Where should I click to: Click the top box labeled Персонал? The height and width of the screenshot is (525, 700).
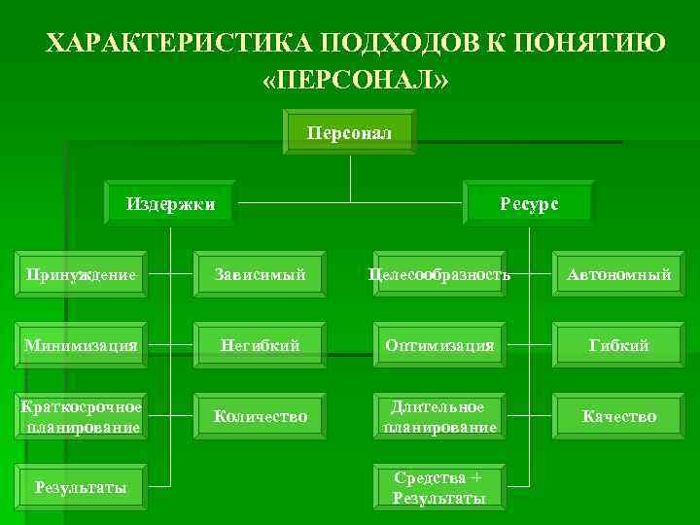pyautogui.click(x=349, y=132)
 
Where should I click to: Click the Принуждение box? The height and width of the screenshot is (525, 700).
pyautogui.click(x=84, y=275)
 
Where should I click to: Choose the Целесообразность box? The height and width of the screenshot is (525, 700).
pyautogui.click(x=438, y=275)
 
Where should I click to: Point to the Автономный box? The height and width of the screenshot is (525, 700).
pyautogui.click(x=618, y=275)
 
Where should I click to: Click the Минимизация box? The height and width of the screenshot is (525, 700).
pyautogui.click(x=84, y=345)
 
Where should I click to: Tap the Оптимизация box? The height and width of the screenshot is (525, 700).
pyautogui.click(x=438, y=345)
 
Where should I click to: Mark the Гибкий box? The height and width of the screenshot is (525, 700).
pyautogui.click(x=618, y=345)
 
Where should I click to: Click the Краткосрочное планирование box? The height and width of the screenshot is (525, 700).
pyautogui.click(x=84, y=416)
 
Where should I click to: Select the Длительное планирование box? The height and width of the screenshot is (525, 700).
pyautogui.click(x=438, y=416)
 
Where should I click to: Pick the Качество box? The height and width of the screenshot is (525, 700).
pyautogui.click(x=618, y=416)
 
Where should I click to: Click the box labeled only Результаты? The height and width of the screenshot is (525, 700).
pyautogui.click(x=84, y=487)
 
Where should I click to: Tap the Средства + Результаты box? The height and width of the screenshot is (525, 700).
pyautogui.click(x=438, y=487)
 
